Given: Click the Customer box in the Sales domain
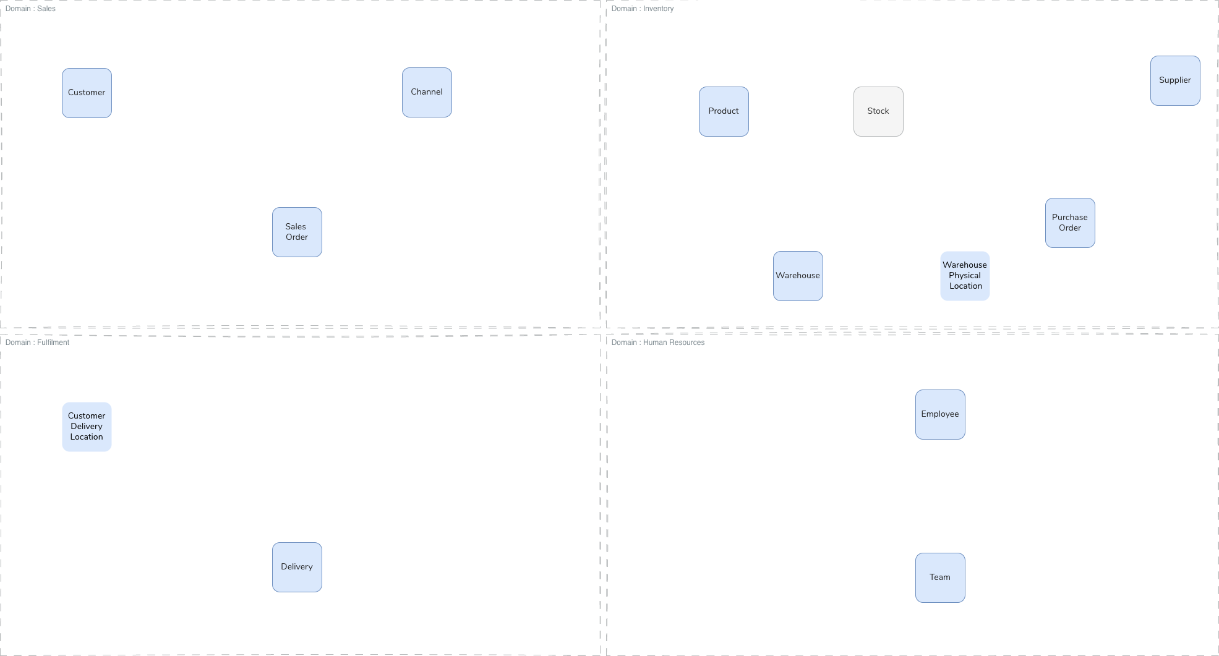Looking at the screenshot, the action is pos(87,93).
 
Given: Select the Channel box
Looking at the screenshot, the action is pos(427,92).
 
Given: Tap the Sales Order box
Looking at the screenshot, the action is pos(297,232).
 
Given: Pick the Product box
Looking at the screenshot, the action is pos(724,111).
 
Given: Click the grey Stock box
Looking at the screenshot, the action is pos(878,111).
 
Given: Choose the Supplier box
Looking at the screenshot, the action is pos(1175,80).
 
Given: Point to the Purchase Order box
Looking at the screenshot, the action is pos(1070,223).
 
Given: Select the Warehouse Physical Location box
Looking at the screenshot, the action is pos(965,276).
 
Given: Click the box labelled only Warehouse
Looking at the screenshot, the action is pos(798,276).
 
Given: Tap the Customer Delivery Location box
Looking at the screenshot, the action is pos(87,427).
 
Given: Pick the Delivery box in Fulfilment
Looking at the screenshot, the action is pos(297,567).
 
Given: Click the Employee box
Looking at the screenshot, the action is pos(940,414).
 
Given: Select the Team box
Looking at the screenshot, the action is pos(940,577).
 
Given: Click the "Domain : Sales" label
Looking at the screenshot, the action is pos(30,9).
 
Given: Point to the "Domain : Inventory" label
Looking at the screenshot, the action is pos(642,9).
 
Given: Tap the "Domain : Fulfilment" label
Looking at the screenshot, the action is pos(37,343).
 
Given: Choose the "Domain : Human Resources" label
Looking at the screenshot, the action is pos(657,343).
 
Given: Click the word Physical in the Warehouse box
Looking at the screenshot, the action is pos(965,275).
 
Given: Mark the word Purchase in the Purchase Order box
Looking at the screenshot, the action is pos(1069,217).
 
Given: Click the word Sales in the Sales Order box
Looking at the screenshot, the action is pos(296,226).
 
